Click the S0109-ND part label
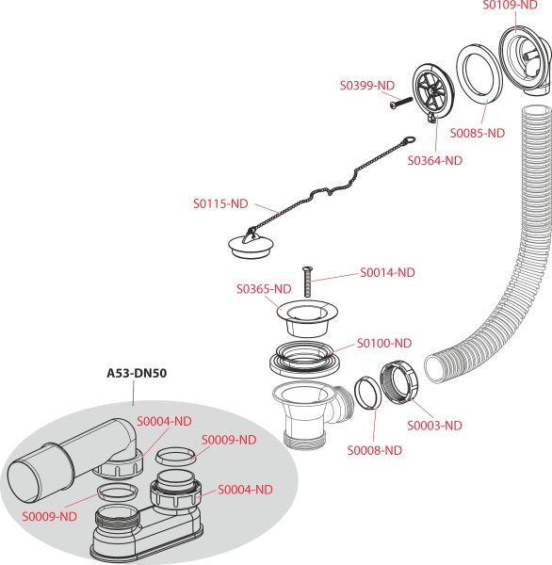(x=510, y=5)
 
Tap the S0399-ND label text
(x=367, y=86)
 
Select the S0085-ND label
(x=478, y=134)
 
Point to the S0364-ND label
(x=435, y=161)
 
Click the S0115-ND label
(x=220, y=204)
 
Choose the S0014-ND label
(x=387, y=273)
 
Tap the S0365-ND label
(x=264, y=289)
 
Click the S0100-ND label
(x=384, y=343)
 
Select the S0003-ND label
(x=435, y=426)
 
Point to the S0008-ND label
(x=375, y=450)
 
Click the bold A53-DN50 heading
(x=137, y=373)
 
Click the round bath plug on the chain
(x=251, y=246)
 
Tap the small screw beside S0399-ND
(x=401, y=102)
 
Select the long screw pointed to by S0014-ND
(x=307, y=282)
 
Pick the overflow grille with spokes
(x=433, y=92)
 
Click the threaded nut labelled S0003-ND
(x=399, y=380)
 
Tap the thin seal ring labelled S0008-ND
(x=367, y=393)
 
